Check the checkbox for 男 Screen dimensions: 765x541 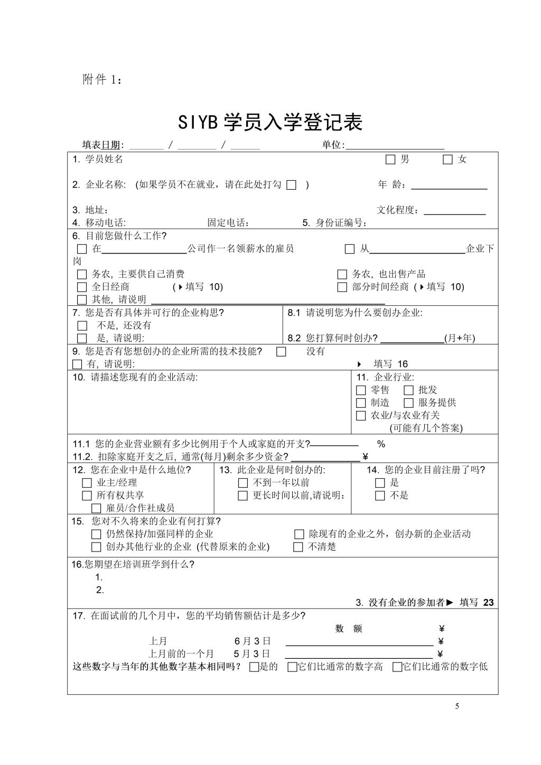pyautogui.click(x=390, y=160)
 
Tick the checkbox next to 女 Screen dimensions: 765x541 pyautogui.click(x=447, y=160)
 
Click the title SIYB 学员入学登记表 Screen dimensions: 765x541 pyautogui.click(x=270, y=123)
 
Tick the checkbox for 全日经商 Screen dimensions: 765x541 pyautogui.click(x=82, y=287)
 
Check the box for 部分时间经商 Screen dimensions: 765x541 pyautogui.click(x=342, y=287)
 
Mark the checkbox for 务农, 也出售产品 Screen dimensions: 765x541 pyautogui.click(x=342, y=275)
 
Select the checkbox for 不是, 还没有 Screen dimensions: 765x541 pyautogui.click(x=82, y=326)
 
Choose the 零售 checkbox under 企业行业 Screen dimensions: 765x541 pyautogui.click(x=361, y=390)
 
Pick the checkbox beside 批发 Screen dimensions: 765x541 pyautogui.click(x=408, y=390)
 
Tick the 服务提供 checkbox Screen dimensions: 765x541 pyautogui.click(x=408, y=403)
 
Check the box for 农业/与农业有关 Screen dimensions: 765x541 pyautogui.click(x=361, y=416)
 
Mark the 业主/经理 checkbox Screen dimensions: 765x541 pyautogui.click(x=87, y=483)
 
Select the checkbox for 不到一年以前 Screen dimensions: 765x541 pyautogui.click(x=243, y=483)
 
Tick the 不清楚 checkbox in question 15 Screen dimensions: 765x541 pyautogui.click(x=299, y=547)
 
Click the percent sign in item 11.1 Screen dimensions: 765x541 pyautogui.click(x=381, y=444)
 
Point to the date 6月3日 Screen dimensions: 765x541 pyautogui.click(x=253, y=641)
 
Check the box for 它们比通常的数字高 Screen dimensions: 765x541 pyautogui.click(x=292, y=667)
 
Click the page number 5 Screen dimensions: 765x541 pyautogui.click(x=457, y=707)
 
